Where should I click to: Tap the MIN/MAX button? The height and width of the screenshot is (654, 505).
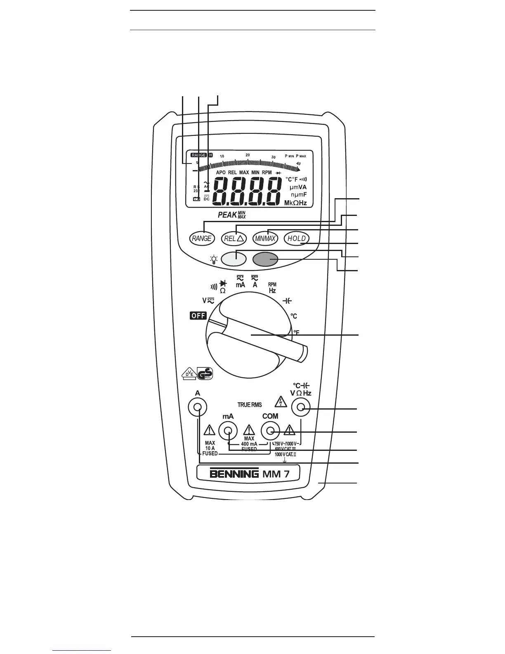265,238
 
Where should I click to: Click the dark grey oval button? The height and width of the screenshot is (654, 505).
265,259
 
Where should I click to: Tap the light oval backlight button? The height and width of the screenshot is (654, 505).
234,259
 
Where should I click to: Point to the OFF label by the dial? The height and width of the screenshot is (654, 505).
198,316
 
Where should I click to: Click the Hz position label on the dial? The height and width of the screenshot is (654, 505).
272,291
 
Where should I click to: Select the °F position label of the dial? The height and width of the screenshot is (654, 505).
296,332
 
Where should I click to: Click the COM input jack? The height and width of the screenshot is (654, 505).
270,431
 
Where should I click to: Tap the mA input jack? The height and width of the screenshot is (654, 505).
227,431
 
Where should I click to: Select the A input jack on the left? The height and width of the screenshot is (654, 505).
198,408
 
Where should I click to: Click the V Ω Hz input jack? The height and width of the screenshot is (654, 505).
301,408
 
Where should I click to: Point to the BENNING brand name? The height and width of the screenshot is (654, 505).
234,473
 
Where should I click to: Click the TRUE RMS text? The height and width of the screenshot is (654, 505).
249,405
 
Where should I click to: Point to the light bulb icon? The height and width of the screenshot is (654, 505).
214,260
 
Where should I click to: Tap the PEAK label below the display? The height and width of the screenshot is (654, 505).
227,215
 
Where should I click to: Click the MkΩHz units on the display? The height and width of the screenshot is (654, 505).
295,203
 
